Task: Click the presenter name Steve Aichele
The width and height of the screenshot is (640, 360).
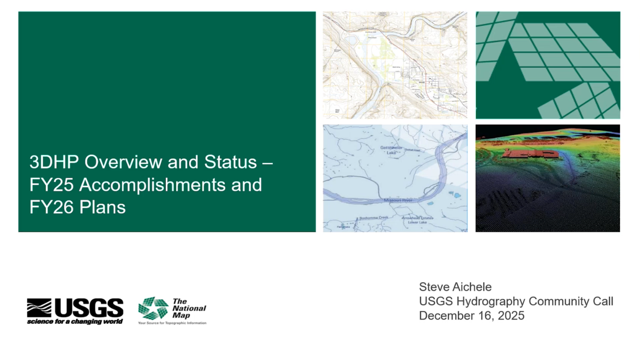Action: coord(455,287)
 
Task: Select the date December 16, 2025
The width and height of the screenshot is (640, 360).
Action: coord(471,315)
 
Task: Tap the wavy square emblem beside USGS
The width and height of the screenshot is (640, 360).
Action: coord(39,308)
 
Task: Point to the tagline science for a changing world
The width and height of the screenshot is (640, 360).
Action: coord(75,321)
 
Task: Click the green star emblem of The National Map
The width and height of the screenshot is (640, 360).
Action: coord(153,308)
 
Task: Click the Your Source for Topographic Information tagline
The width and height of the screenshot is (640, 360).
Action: coord(172,323)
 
